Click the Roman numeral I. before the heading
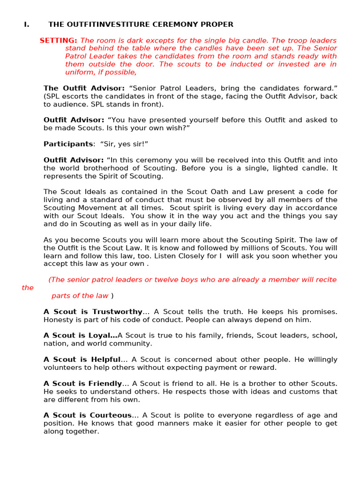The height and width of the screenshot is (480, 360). click(26, 24)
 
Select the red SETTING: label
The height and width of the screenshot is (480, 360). click(59, 40)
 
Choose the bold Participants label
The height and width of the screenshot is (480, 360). click(68, 144)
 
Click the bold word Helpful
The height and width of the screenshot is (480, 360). click(106, 360)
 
